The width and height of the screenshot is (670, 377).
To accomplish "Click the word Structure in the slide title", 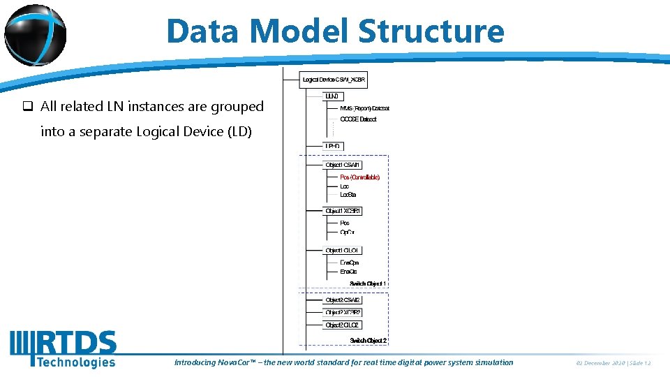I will pos(431,31).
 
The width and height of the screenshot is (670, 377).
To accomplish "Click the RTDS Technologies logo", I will pos(63,349).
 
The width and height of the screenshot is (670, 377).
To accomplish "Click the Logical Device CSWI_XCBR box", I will pos(334,80).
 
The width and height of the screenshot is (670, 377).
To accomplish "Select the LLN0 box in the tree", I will pos(333,96).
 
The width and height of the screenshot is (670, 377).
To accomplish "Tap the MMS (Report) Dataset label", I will pos(364,108).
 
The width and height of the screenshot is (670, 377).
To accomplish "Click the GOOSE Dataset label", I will pos(357,119).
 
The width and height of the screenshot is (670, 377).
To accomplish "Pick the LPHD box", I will pos(334,147).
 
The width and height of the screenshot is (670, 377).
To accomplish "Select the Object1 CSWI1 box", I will pos(343,165).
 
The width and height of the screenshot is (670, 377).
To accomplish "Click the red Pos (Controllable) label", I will pos(359,177).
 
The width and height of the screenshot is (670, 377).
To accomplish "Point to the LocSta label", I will pos(348,195).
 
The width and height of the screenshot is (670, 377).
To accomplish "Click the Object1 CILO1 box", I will pos(343,250).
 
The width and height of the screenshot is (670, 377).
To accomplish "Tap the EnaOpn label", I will pos(349,263).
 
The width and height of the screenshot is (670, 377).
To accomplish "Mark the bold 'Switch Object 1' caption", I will pos(368,283).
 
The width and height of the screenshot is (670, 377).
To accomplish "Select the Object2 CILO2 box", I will pos(342,325).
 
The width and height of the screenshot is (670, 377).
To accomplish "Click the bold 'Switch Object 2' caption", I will pos(368,340).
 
